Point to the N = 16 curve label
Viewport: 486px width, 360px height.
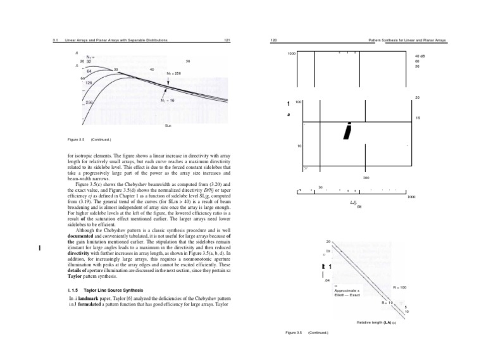click(168, 100)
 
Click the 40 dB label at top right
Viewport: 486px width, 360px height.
click(418, 56)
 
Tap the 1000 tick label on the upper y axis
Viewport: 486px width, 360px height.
click(292, 54)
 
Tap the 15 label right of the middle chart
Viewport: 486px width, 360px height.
click(417, 118)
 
